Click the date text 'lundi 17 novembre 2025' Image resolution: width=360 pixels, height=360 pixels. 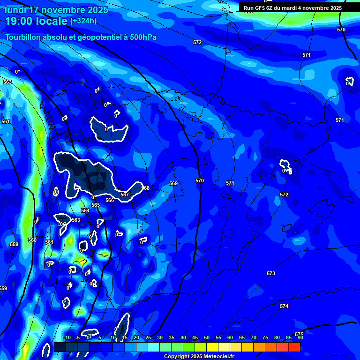(56, 10)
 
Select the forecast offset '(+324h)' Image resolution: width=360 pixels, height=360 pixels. (83, 21)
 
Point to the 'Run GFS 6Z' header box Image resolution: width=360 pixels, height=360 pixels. (292, 8)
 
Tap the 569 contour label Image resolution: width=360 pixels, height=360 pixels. (173, 183)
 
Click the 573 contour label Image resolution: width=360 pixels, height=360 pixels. (271, 273)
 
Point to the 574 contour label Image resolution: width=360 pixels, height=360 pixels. (284, 306)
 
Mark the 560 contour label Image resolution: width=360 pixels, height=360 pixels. (32, 240)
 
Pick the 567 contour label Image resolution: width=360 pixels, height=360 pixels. (125, 195)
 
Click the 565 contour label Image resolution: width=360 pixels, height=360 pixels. (96, 205)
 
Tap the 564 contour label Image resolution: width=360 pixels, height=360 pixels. (85, 210)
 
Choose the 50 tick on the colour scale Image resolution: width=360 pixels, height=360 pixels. (207, 338)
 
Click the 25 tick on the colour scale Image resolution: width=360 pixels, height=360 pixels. (148, 338)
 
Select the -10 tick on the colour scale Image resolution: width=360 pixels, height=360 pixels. (67, 338)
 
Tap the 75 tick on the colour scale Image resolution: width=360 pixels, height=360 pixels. (265, 338)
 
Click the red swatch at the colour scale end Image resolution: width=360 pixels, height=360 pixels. (294, 347)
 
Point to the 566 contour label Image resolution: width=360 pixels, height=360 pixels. (110, 200)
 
